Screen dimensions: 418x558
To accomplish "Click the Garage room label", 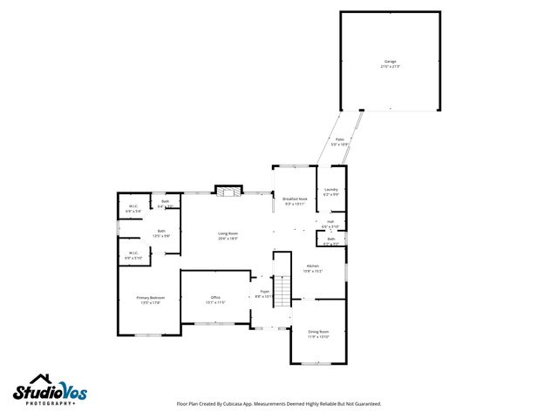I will [x=389, y=62].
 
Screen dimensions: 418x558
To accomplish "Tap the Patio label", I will [x=340, y=138].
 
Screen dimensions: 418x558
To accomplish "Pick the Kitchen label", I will [x=312, y=266].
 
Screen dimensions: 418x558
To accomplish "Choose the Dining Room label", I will [x=318, y=331].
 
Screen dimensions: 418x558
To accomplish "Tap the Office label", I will [x=215, y=298].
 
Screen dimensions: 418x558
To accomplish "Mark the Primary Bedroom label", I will [x=150, y=298].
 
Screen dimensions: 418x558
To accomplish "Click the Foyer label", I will [x=264, y=292].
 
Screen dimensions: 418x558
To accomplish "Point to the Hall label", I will [x=330, y=221].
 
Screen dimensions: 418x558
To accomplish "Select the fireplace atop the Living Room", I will [x=228, y=192].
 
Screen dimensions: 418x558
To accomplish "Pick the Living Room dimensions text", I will [x=228, y=238].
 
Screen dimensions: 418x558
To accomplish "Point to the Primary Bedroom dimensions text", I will [x=150, y=303].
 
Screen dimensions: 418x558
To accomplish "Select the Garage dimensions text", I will [x=389, y=66].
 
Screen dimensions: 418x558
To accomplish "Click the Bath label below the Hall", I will [x=331, y=239].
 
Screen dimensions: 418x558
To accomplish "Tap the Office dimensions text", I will [x=215, y=303].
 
